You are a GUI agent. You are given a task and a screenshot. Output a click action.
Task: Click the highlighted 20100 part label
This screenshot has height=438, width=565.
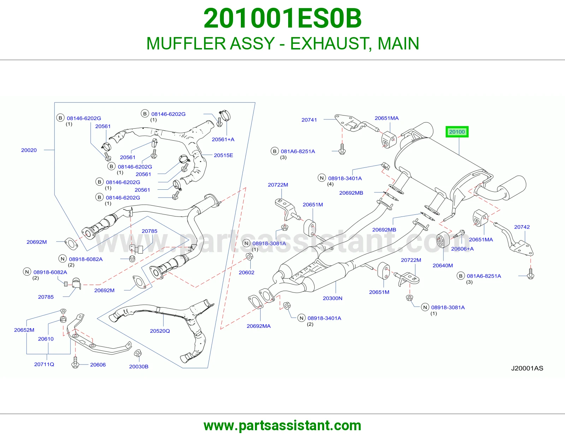pos(457,132)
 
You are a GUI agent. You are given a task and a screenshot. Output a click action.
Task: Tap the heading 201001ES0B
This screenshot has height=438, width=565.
pos(282,18)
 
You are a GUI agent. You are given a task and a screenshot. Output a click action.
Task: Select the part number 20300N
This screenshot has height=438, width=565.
pos(333,298)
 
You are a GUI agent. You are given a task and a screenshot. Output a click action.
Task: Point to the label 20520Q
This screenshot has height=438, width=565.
pos(160,331)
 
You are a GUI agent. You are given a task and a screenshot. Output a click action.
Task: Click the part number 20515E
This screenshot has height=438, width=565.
pos(223,155)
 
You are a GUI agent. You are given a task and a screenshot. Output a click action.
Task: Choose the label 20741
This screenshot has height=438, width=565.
pos(309,120)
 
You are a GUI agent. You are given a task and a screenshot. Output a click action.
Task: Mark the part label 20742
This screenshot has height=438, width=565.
pos(522,227)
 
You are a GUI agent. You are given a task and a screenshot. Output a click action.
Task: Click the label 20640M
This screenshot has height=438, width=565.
pos(443,266)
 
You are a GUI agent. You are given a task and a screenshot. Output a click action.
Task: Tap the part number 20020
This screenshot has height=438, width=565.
pos(29,150)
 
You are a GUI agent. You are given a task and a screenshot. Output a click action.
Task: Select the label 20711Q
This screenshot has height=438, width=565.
pos(44,365)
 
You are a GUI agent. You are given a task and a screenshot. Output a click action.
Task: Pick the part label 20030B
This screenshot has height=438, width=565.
pos(139,367)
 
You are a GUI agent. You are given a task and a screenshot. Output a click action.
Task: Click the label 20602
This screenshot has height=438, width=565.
pos(246,272)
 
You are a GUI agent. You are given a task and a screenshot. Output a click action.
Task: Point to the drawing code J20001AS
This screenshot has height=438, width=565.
pos(527,368)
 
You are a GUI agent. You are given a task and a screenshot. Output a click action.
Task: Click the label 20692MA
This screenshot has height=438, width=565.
pos(259,326)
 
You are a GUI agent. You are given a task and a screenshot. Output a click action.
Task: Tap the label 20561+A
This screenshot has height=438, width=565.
pos(223,140)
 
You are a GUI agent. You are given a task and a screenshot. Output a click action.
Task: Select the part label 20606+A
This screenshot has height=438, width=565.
pos(462,249)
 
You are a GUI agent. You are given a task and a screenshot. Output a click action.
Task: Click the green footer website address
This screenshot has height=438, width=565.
pos(282,426)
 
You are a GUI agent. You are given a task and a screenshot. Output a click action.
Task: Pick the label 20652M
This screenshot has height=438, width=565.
pos(24,330)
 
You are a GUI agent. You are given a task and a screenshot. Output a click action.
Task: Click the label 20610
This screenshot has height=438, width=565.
pos(46,339)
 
